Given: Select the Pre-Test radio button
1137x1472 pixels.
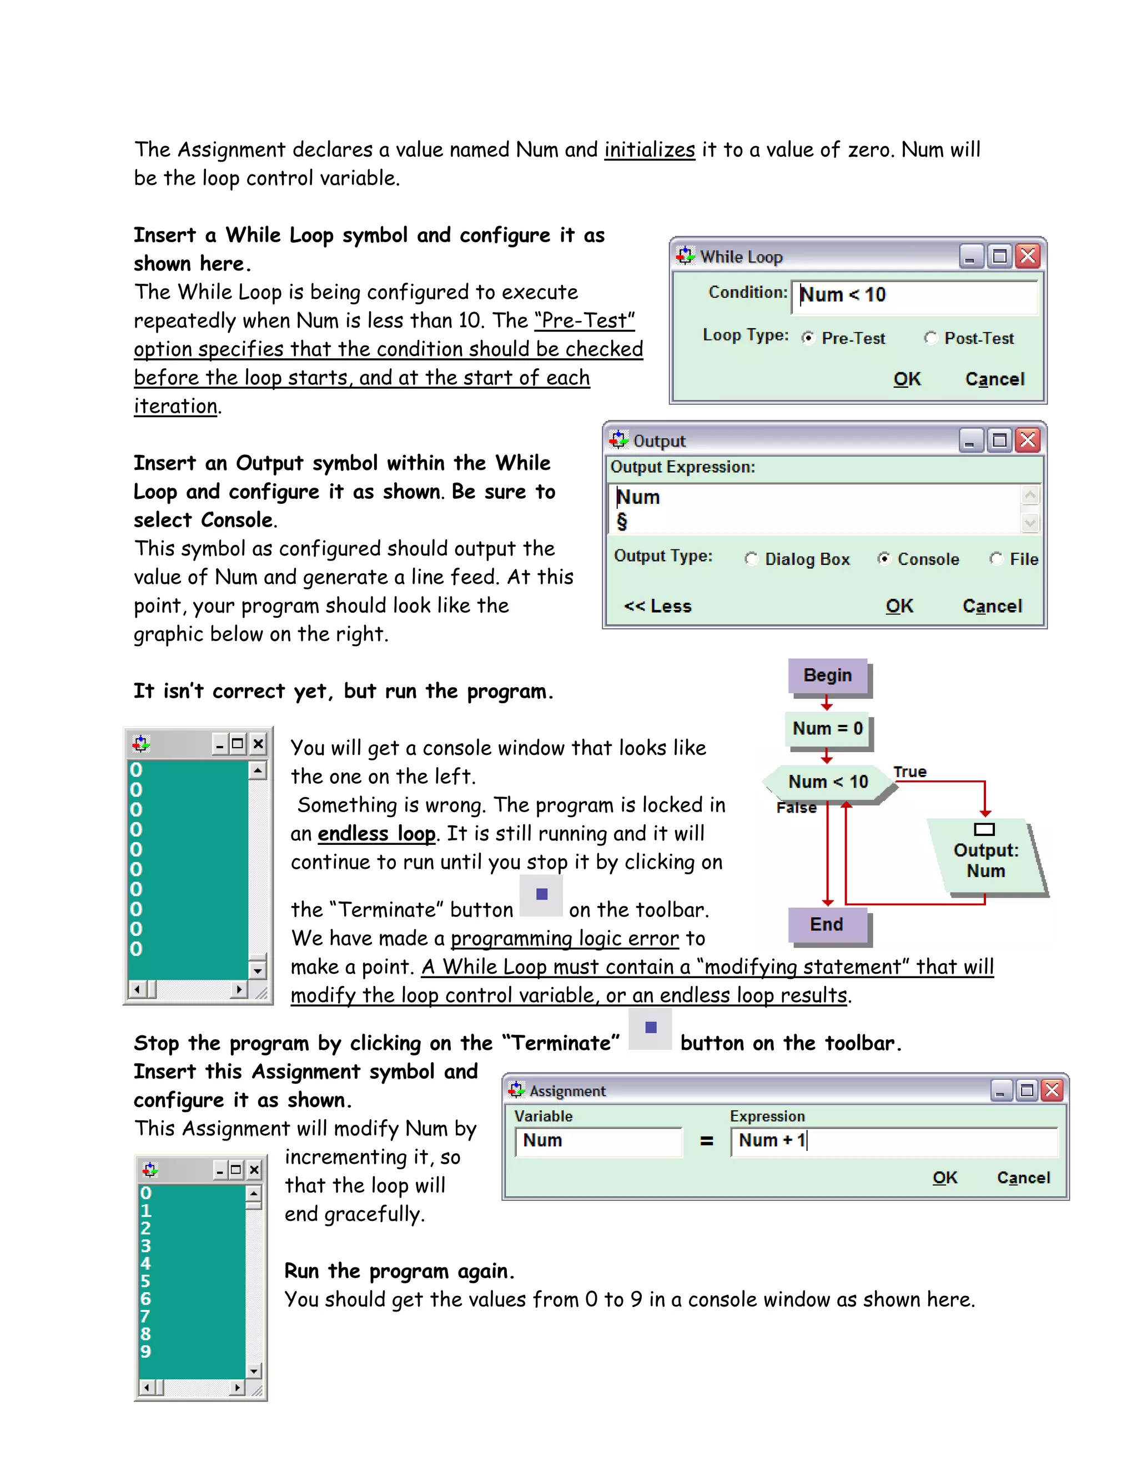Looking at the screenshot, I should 808,338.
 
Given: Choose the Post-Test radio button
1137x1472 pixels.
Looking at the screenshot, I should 931,338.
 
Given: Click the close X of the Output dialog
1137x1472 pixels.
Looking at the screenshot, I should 1028,441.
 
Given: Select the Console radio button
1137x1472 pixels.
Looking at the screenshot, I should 884,559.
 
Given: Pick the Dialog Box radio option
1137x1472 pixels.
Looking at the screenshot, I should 751,559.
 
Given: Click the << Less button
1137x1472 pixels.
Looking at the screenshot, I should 657,606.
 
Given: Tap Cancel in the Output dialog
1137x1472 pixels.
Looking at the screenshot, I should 992,606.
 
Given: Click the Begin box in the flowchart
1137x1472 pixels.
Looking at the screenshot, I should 827,676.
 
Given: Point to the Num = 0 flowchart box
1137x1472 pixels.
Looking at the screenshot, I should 827,729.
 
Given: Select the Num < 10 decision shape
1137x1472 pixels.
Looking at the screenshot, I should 828,782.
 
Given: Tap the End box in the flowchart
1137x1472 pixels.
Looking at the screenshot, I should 827,924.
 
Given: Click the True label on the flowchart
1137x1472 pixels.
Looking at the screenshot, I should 909,772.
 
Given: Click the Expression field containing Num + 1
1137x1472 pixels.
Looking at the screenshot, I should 893,1140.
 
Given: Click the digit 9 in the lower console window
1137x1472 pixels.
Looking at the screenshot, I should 145,1351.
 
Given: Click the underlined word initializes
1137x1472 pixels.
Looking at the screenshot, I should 650,149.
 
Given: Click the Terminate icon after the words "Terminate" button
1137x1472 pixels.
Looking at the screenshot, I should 541,895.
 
